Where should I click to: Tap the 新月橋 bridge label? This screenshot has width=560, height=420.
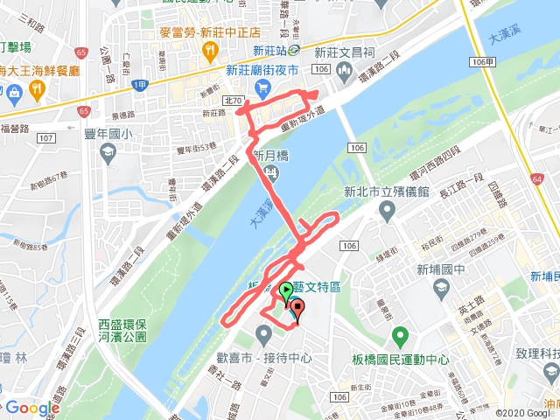271,156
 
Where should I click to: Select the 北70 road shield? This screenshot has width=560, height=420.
233,101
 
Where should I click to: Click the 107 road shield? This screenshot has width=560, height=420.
47,138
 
